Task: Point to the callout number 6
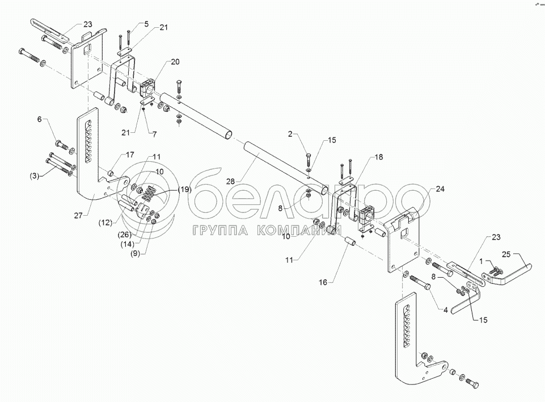click(40, 119)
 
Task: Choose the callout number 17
click(130, 154)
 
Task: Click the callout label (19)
click(183, 190)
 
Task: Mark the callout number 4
click(445, 309)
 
